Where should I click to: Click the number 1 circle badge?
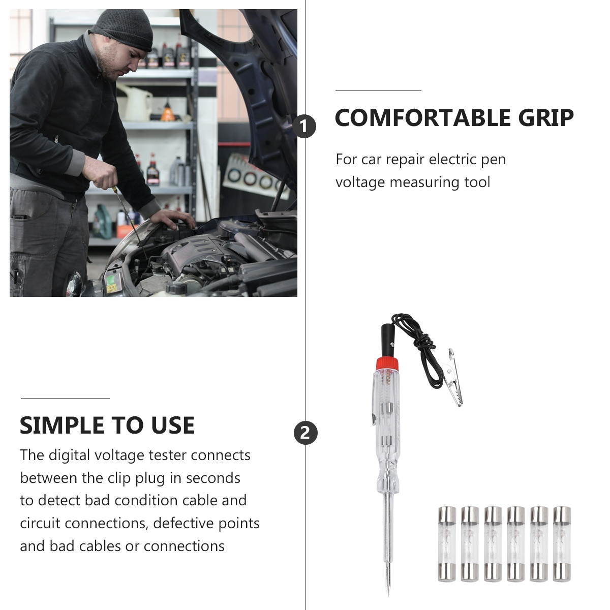click(304, 126)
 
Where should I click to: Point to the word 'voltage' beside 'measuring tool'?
click(360, 182)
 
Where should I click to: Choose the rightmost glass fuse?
click(562, 543)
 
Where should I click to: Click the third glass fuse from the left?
click(493, 543)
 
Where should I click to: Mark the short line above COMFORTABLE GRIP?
click(378, 90)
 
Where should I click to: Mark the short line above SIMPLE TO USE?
click(65, 398)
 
